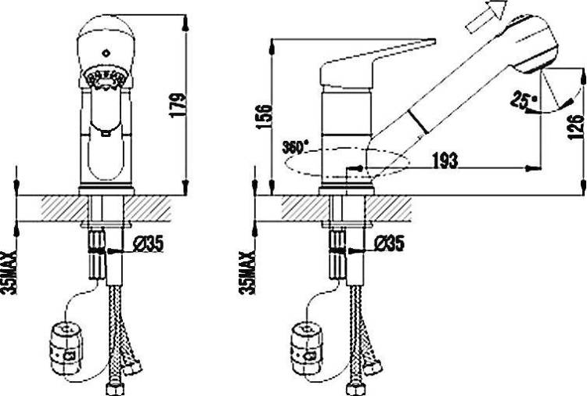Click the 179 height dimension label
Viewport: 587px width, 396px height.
(x=178, y=105)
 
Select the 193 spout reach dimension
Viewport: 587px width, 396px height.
(x=445, y=160)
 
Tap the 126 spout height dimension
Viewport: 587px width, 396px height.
(x=576, y=127)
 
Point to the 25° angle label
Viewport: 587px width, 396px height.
(x=524, y=100)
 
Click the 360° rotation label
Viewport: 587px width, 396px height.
(x=295, y=147)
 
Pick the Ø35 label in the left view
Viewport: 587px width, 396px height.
(x=148, y=244)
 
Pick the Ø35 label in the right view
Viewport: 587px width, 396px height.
(x=389, y=243)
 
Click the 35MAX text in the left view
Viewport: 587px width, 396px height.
(x=9, y=272)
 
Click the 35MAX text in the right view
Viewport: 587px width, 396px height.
(x=247, y=272)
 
